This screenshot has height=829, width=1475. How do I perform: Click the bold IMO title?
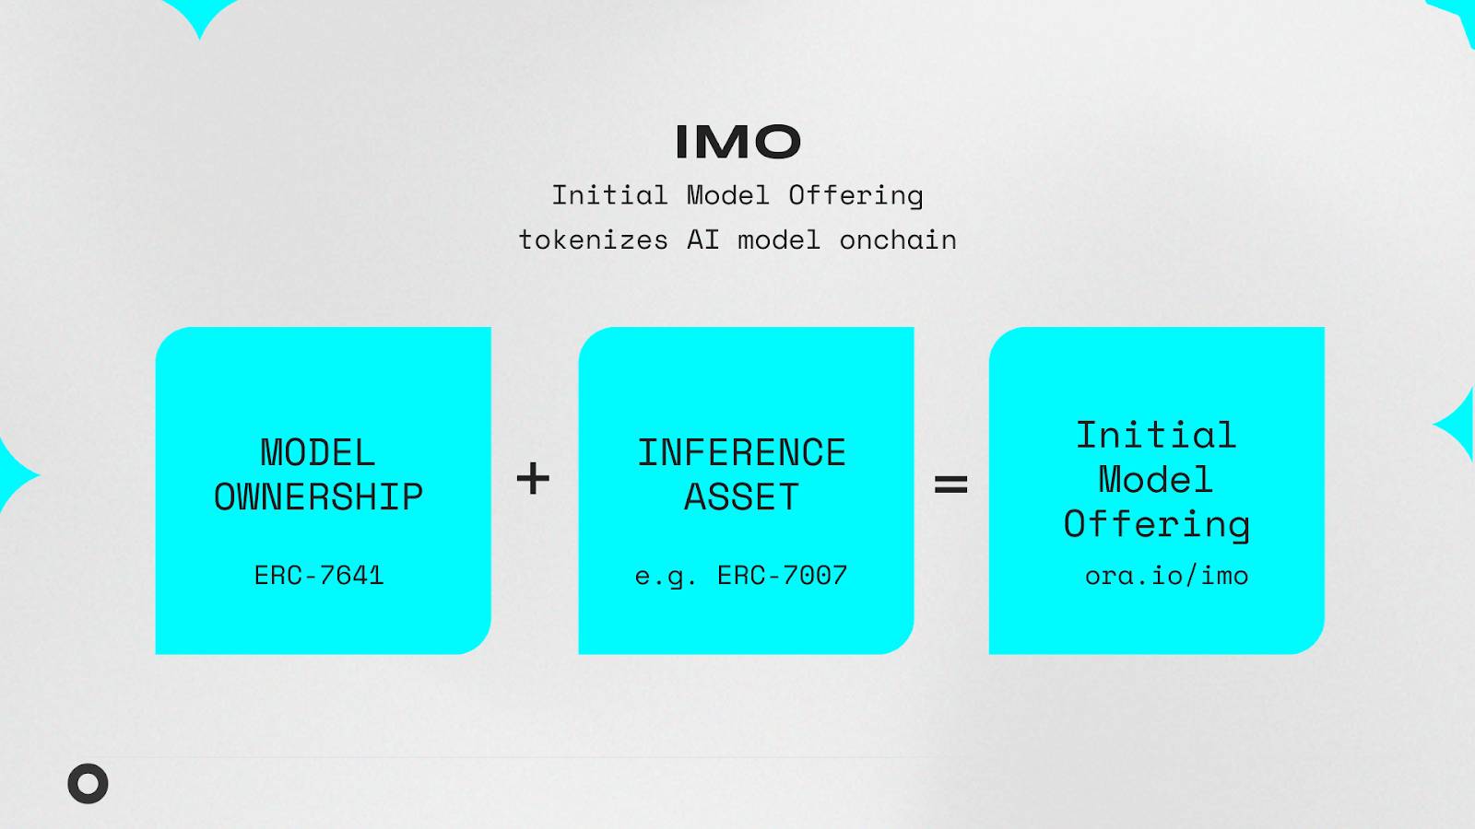pos(738,142)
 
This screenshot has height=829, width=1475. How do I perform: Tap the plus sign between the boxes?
pos(533,478)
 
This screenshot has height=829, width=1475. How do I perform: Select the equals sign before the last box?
pos(950,485)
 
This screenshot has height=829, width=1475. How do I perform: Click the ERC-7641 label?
pos(319,576)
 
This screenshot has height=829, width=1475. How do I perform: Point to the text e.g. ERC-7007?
pos(741,576)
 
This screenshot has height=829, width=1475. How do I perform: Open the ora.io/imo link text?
pos(1166,576)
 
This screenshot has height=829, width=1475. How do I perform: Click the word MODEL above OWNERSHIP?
pos(318,452)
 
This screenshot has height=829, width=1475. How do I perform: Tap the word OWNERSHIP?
pos(319,496)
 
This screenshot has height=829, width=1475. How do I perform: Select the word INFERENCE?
pos(741,452)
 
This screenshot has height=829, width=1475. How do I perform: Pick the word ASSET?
pos(741,496)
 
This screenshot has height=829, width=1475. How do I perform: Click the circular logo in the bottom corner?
pos(88,784)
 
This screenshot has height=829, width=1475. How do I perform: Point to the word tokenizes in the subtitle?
pos(594,239)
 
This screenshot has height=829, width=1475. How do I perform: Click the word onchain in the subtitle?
pos(898,239)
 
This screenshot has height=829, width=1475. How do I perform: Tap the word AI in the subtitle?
pos(703,239)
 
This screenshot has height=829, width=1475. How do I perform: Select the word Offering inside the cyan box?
pos(1157,525)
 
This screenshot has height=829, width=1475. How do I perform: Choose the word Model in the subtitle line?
pos(728,195)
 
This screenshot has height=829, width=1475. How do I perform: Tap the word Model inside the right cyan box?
pos(1156,479)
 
